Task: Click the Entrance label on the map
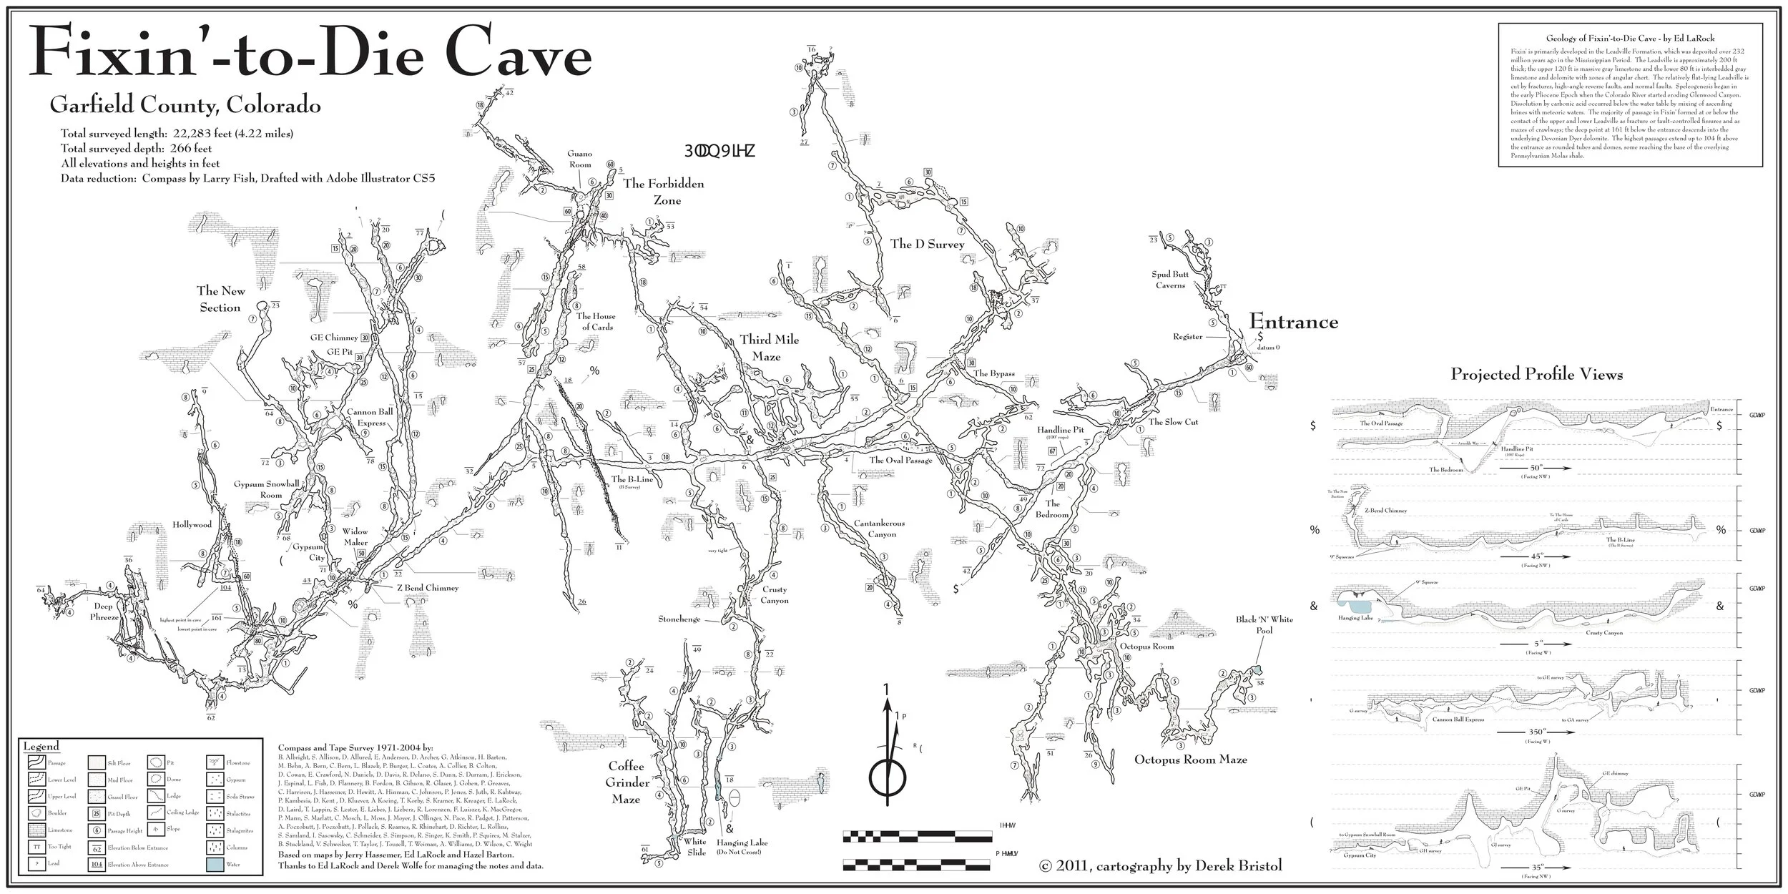tap(1293, 322)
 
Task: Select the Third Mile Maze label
tap(770, 348)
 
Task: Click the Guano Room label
tap(580, 159)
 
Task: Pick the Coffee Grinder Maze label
tap(627, 782)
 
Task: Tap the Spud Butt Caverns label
tap(1170, 280)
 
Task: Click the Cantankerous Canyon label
tap(879, 529)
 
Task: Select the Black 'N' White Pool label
tap(1264, 624)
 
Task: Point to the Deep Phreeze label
tap(104, 611)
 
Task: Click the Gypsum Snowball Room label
tap(266, 489)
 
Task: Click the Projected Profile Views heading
tap(1536, 374)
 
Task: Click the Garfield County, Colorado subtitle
tap(185, 107)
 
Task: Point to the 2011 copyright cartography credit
tap(1159, 866)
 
